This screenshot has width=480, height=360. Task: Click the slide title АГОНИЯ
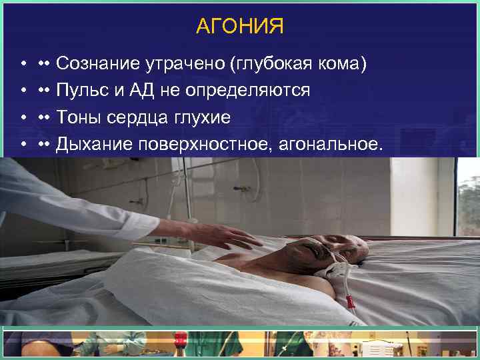[x=240, y=26]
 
